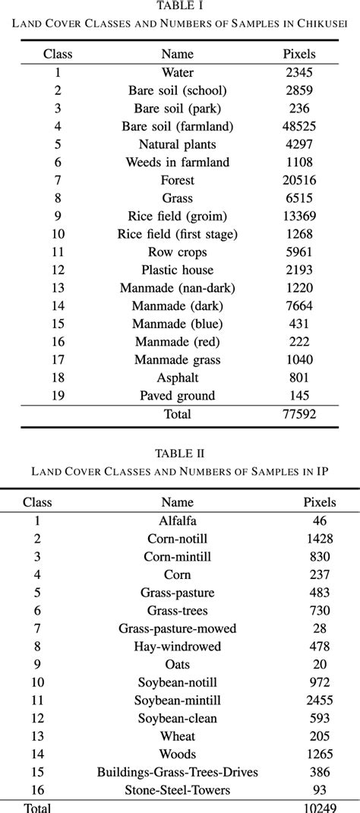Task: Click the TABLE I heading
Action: point(180,6)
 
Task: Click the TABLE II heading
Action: point(180,454)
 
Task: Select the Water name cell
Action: point(178,73)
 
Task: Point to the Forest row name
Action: point(178,180)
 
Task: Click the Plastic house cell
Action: point(178,270)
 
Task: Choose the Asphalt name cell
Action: point(178,378)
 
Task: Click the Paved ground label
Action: point(178,396)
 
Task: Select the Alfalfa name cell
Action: point(178,521)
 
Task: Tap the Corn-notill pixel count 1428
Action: point(320,539)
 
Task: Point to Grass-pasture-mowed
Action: point(178,628)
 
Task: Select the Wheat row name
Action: point(178,736)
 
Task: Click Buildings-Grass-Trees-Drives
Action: point(178,772)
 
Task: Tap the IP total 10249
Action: point(320,806)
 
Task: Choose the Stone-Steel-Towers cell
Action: point(178,789)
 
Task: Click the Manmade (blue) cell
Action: point(178,324)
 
